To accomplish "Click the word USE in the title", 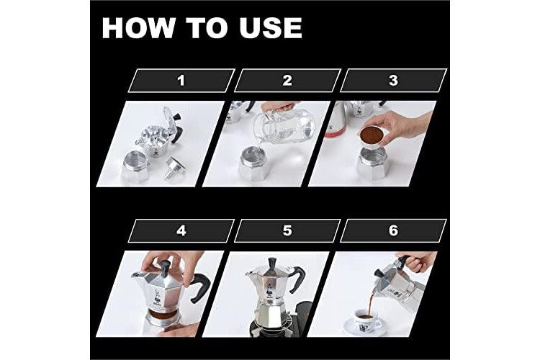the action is click(270, 27).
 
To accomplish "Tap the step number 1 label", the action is click(181, 81).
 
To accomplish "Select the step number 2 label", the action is click(287, 81).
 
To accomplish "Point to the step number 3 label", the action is click(393, 81).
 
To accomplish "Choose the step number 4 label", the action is click(181, 230).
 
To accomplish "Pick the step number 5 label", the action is click(287, 230).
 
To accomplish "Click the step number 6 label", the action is click(393, 230).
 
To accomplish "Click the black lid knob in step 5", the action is click(273, 263).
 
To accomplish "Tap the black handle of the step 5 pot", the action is click(298, 279).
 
